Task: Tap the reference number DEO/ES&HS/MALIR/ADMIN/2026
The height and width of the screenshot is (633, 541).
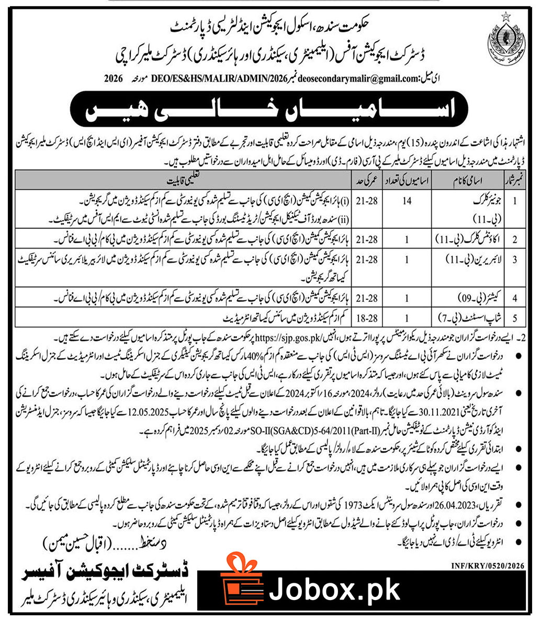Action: coord(196,80)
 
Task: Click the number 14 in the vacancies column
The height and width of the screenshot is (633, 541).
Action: coord(407,202)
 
